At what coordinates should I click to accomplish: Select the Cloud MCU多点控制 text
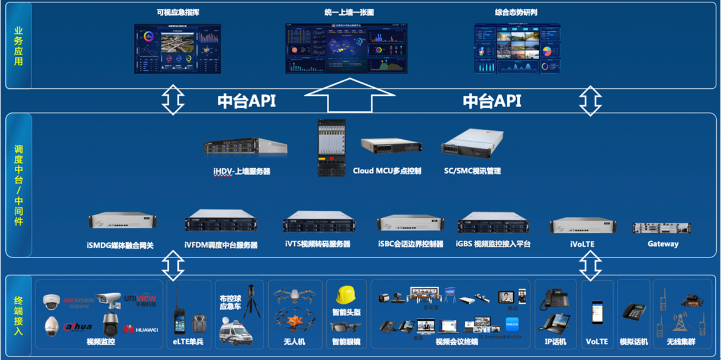coord(387,171)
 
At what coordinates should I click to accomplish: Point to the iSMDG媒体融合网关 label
coord(120,245)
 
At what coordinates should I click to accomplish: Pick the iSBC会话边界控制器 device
coord(410,223)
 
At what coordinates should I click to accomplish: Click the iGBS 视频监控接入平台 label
coord(493,244)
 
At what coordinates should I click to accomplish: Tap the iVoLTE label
coord(582,244)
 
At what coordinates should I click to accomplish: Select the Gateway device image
coord(662,228)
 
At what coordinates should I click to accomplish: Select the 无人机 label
coord(294,342)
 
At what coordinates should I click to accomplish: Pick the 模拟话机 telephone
coord(633,312)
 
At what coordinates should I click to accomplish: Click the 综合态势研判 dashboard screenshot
coord(517,49)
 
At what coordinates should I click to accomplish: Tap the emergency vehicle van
coord(235,332)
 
